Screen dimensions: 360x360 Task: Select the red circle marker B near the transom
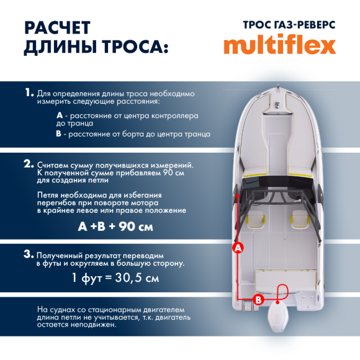pos(259,299)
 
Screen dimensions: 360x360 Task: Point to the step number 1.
pos(29,92)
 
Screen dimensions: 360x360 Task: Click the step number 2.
pos(29,164)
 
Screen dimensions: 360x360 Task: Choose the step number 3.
pos(28,254)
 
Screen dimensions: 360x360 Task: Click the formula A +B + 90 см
pos(115,227)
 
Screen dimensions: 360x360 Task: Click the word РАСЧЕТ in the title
pos(57,29)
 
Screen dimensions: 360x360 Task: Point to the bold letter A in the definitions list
pos(59,115)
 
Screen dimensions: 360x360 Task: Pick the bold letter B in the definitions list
pos(59,133)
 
